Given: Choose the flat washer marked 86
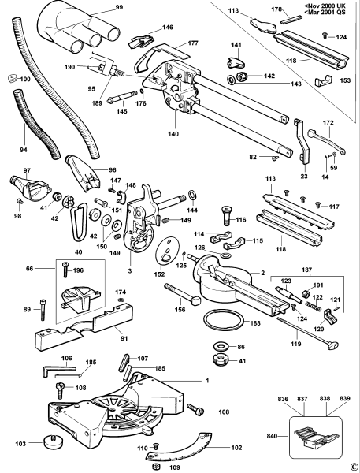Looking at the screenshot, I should pos(220,347).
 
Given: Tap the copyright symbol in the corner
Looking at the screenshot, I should pos(354,466).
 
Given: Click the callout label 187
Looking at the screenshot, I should pos(308,269).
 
